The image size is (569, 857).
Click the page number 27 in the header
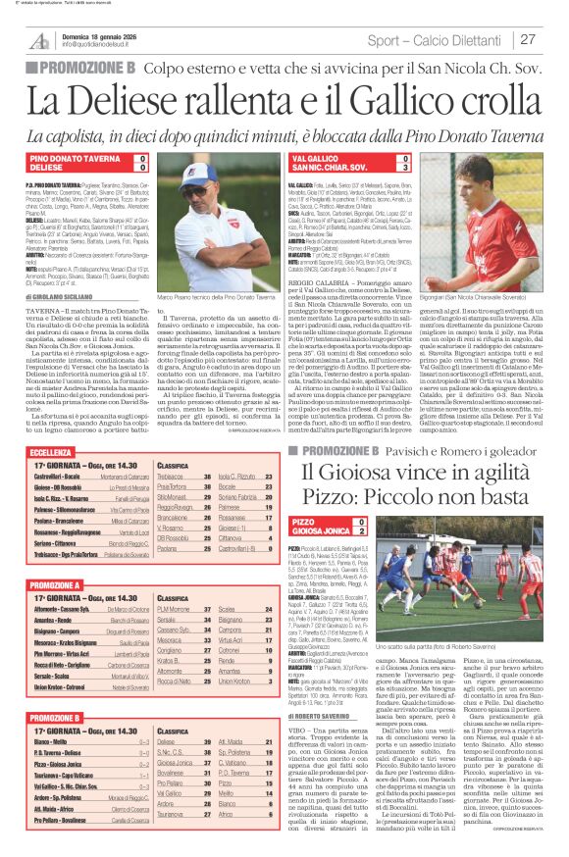[x=527, y=39]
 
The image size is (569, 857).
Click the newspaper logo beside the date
[x=39, y=41]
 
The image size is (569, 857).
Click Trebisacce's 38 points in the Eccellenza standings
[x=208, y=476]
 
